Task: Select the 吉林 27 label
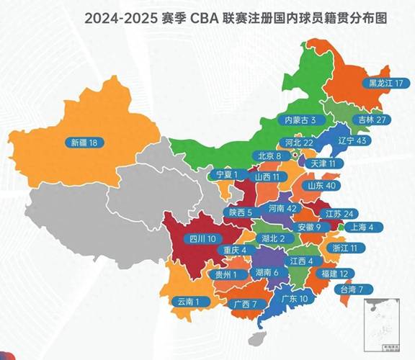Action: point(373,119)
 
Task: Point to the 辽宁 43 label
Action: point(354,141)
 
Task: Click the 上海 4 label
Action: point(361,227)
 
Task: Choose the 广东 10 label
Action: point(294,298)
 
